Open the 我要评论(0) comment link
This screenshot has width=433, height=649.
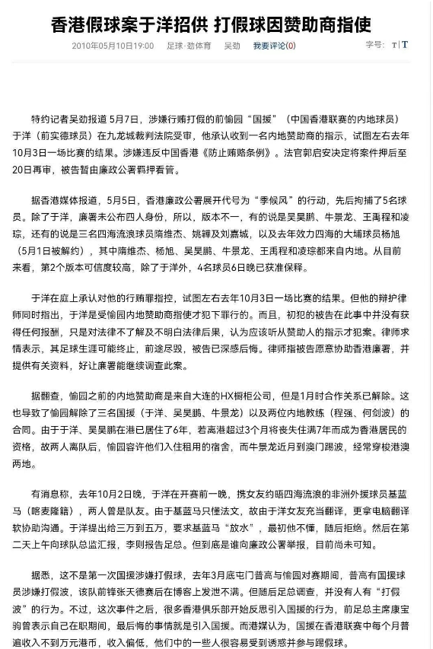[x=269, y=46]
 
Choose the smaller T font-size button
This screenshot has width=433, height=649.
[x=394, y=46]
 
